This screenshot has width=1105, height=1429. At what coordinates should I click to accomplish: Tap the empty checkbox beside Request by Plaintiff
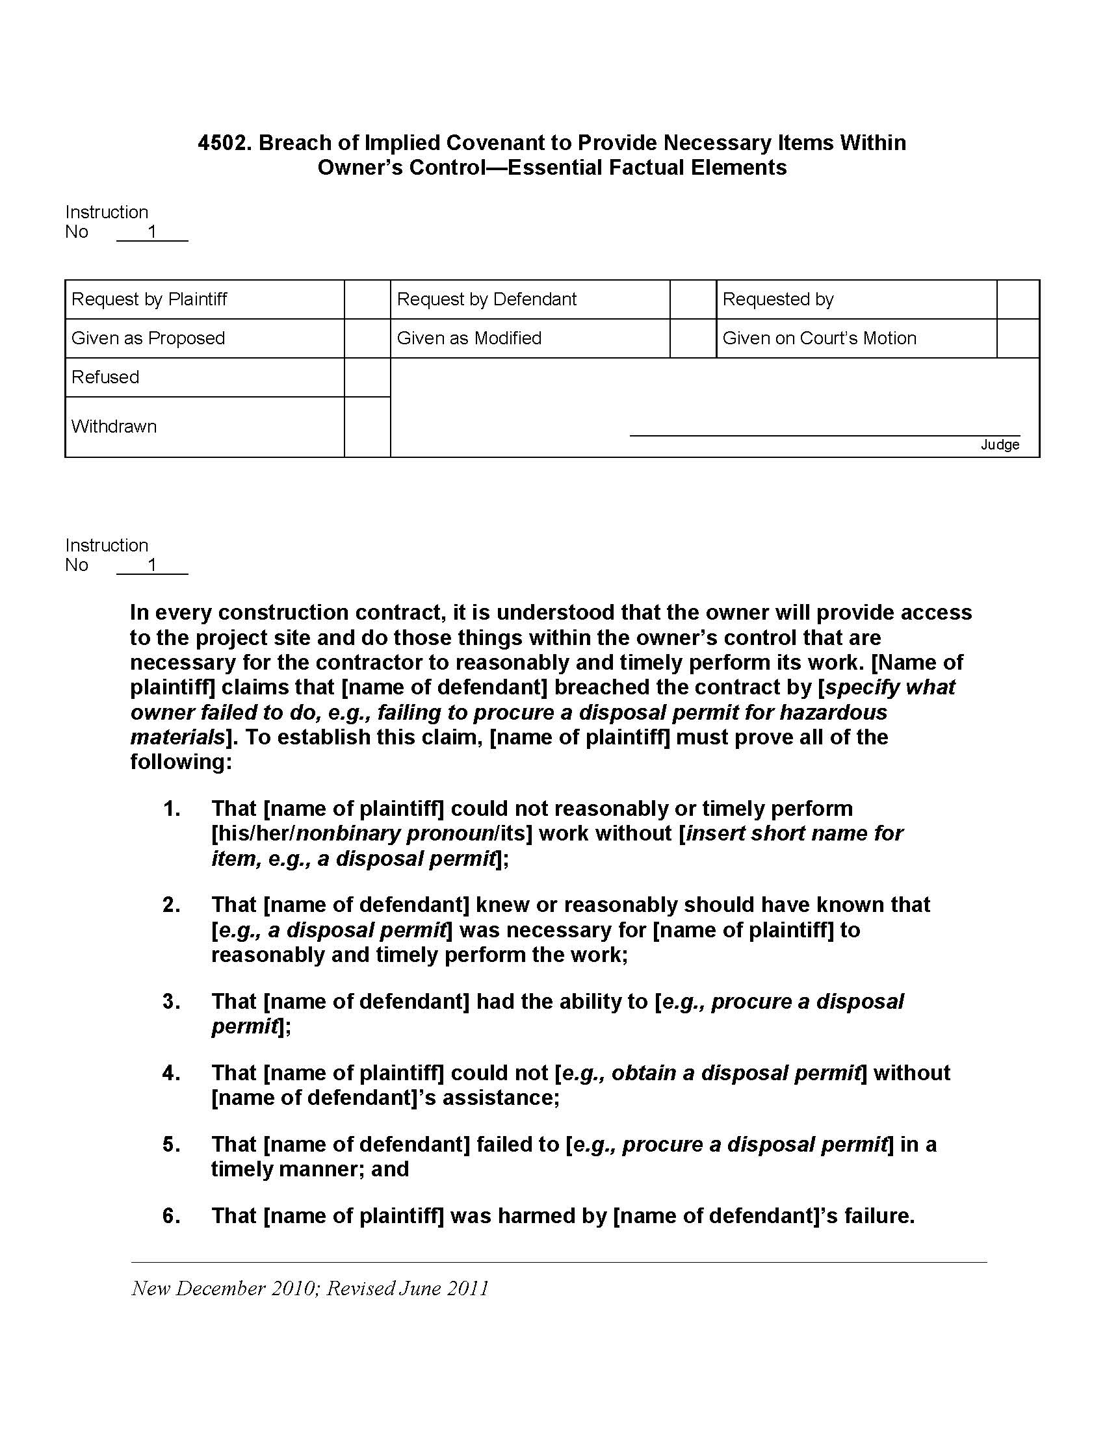click(x=367, y=299)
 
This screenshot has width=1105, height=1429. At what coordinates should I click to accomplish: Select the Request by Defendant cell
click(x=486, y=299)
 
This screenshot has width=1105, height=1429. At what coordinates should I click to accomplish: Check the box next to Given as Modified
click(x=693, y=338)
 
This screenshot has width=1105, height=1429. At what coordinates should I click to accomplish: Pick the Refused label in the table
click(x=105, y=377)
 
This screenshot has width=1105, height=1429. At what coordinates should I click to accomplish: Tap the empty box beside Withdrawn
click(x=367, y=427)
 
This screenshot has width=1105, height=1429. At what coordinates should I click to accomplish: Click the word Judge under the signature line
click(x=999, y=445)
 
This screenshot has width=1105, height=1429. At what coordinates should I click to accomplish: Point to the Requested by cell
click(x=777, y=299)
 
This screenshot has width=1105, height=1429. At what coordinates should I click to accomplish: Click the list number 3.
click(x=171, y=1001)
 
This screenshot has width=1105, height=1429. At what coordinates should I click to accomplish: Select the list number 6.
click(x=171, y=1216)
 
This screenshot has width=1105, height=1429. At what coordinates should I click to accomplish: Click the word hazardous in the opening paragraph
click(x=832, y=712)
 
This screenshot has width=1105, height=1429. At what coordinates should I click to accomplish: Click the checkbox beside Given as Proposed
click(x=367, y=338)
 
